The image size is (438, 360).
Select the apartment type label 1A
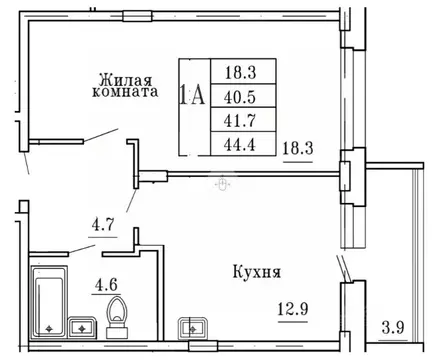click(x=192, y=96)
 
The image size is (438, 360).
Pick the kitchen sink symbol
click(x=189, y=325)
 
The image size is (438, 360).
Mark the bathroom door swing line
click(x=75, y=250)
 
